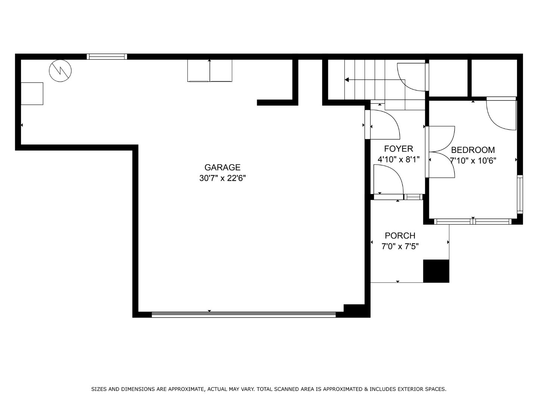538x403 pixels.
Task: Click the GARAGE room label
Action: point(222,168)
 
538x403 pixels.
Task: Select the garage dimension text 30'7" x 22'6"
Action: point(222,178)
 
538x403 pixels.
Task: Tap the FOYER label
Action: point(399,149)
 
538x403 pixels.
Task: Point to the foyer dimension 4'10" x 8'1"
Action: point(399,160)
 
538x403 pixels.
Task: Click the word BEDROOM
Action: point(473,150)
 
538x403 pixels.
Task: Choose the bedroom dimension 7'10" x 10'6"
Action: point(473,160)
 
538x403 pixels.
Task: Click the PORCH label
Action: point(400,235)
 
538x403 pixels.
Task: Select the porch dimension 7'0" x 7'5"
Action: point(400,246)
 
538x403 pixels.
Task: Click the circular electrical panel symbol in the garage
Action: point(60,71)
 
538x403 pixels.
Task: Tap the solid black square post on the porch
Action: point(436,271)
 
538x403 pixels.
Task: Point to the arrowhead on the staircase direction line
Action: point(347,80)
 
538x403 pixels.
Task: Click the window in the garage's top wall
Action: point(107,56)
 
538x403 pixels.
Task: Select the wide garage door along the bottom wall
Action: point(244,315)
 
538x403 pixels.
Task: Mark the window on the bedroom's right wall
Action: point(520,194)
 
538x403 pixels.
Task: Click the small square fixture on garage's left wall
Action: point(32,94)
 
